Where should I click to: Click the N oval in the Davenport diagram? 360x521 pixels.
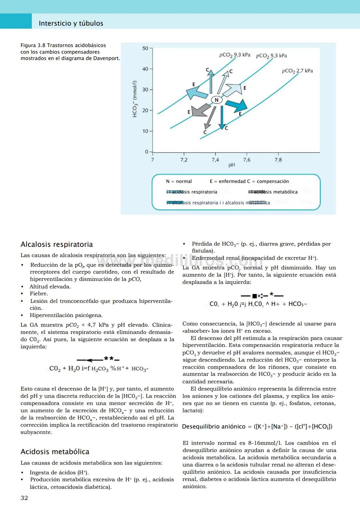(x=217, y=100)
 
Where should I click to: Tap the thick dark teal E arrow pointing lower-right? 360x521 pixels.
(x=237, y=105)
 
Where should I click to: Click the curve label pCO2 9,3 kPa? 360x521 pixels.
(x=235, y=55)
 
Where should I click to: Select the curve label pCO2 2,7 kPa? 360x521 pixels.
(x=297, y=71)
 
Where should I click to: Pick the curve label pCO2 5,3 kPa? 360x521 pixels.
(x=271, y=56)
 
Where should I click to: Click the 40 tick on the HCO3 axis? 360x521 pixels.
(x=145, y=69)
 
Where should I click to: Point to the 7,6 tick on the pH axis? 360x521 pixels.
(x=247, y=160)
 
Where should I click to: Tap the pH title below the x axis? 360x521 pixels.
(x=232, y=165)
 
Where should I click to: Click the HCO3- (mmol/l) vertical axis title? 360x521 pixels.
(x=135, y=99)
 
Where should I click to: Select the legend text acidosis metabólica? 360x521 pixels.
(x=275, y=192)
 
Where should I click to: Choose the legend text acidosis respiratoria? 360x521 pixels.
(x=195, y=192)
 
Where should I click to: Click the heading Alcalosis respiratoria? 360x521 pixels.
(x=57, y=244)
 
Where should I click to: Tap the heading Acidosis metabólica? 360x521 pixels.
(x=55, y=452)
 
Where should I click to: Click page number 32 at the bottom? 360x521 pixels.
(x=24, y=498)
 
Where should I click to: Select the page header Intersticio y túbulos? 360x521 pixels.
(x=71, y=23)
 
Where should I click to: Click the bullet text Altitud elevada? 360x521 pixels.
(x=50, y=287)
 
